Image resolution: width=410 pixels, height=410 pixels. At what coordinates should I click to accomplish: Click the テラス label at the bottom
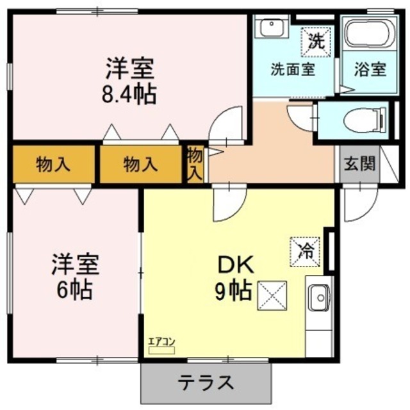(x=205, y=382)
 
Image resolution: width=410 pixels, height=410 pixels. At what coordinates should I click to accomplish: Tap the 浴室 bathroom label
(x=372, y=69)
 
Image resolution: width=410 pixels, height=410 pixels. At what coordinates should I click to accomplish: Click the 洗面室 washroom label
(x=292, y=69)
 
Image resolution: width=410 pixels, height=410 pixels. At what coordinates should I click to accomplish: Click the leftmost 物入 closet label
(x=53, y=164)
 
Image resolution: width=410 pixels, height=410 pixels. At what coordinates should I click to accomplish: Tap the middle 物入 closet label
(x=140, y=164)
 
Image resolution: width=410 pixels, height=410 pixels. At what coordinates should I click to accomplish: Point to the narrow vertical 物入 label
(x=195, y=163)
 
